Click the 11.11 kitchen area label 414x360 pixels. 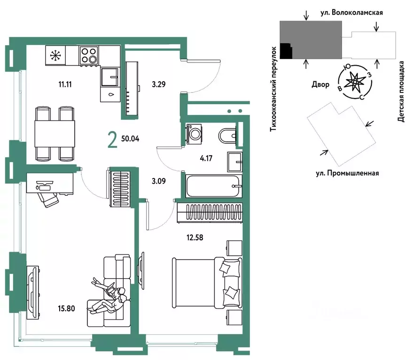[65, 84]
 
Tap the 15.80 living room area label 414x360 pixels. [66, 308]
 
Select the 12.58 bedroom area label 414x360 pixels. [195, 237]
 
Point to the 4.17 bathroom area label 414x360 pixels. [206, 158]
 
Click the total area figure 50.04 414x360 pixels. [130, 138]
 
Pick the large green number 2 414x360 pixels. [112, 140]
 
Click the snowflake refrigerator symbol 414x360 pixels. [55, 55]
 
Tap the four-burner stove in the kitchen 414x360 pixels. [89, 55]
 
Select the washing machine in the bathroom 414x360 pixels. [195, 134]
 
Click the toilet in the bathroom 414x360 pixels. [227, 136]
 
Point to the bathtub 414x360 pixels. [213, 186]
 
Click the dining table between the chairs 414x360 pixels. [55, 133]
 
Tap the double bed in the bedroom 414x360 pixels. [207, 283]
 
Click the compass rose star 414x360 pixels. [355, 82]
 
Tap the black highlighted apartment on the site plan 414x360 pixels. [286, 51]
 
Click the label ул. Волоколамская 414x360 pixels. [352, 12]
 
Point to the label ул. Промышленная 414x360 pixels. [347, 173]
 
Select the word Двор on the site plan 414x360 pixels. [320, 84]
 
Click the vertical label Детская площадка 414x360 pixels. [401, 91]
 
